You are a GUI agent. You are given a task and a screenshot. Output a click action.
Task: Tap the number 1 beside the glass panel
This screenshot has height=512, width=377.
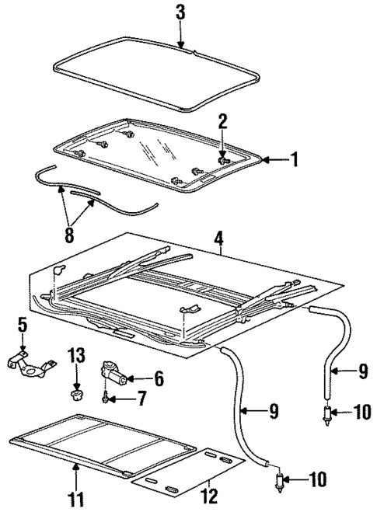click(x=294, y=160)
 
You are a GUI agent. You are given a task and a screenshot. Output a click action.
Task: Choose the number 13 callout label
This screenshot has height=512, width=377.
click(x=76, y=357)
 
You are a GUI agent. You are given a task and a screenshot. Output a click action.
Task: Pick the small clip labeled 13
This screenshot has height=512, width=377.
click(x=76, y=396)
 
